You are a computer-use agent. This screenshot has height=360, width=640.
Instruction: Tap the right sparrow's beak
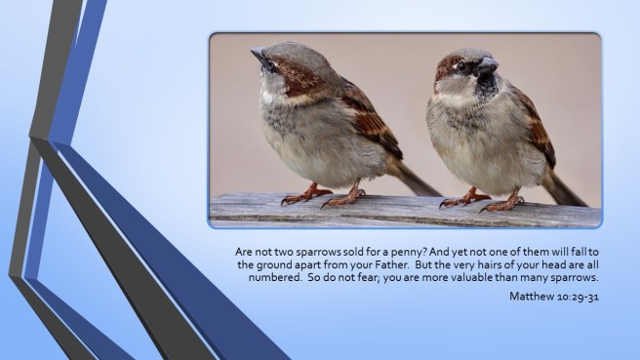click(x=485, y=66)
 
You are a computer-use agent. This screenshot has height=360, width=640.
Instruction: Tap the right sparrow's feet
click(x=478, y=202)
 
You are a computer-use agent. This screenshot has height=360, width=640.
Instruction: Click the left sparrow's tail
click(x=417, y=180)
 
